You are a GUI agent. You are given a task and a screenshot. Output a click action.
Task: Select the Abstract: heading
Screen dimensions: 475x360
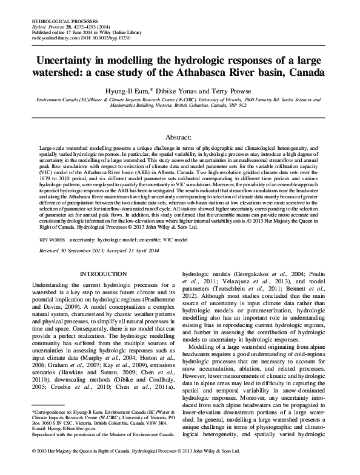click(180, 138)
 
